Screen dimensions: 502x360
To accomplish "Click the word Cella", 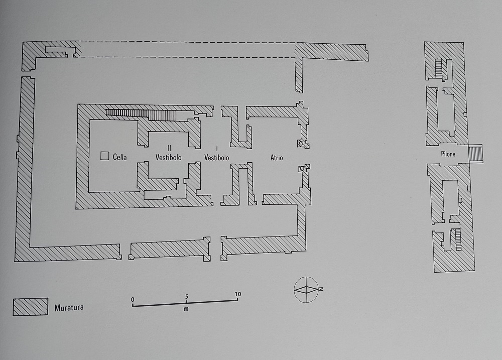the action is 120,157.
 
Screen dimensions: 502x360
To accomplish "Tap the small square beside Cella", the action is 105,156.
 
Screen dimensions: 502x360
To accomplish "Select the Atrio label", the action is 277,158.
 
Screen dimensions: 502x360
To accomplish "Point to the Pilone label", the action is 448,154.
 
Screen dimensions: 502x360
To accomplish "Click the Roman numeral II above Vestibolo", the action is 169,148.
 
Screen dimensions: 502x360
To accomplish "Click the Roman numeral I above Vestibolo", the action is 217,148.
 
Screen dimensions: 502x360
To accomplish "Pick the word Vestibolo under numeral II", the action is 168,158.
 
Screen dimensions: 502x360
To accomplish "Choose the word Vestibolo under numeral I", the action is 217,158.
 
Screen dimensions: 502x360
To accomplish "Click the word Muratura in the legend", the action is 69,308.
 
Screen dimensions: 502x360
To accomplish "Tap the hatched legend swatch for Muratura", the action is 31,307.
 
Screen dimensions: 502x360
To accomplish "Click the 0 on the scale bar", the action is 133,300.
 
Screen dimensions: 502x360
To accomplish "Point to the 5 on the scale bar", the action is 186,297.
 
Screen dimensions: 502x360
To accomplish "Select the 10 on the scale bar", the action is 237,294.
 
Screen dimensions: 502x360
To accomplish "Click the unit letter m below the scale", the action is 186,309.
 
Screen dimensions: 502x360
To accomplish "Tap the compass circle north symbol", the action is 306,290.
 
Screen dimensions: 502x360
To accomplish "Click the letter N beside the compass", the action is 321,289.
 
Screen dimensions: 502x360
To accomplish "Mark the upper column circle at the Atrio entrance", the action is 301,143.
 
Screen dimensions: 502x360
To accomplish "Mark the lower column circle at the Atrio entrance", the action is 302,169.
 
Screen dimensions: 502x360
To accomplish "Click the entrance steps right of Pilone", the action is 476,154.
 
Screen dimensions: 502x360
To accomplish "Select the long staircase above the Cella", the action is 141,114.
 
